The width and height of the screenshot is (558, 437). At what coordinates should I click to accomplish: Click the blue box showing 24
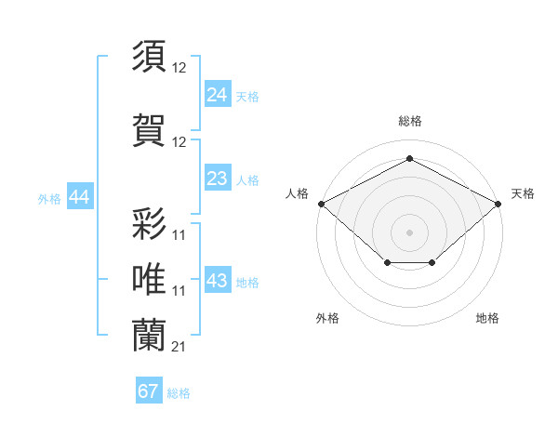click(x=218, y=94)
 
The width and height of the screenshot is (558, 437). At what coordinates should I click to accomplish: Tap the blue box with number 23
click(x=218, y=179)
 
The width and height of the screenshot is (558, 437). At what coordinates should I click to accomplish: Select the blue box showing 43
click(x=218, y=281)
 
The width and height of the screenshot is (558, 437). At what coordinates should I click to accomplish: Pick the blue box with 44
click(x=79, y=197)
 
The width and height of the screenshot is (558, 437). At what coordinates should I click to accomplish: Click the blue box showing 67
click(x=149, y=391)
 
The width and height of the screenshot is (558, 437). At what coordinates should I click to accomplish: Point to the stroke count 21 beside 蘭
click(x=179, y=347)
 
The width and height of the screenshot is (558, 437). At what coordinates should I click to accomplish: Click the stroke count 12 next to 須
click(x=179, y=67)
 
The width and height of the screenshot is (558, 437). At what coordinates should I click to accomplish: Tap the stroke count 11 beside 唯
click(x=179, y=291)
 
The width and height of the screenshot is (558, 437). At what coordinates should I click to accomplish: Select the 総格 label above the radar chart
click(x=410, y=121)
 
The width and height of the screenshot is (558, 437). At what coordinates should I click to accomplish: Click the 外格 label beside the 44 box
click(x=49, y=198)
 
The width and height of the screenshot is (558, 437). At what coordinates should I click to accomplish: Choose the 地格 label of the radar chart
click(x=487, y=318)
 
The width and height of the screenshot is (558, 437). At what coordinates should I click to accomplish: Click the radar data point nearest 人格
click(x=321, y=203)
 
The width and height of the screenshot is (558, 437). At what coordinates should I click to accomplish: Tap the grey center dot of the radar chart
click(x=410, y=232)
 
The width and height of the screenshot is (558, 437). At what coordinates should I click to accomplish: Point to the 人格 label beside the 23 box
click(x=247, y=179)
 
